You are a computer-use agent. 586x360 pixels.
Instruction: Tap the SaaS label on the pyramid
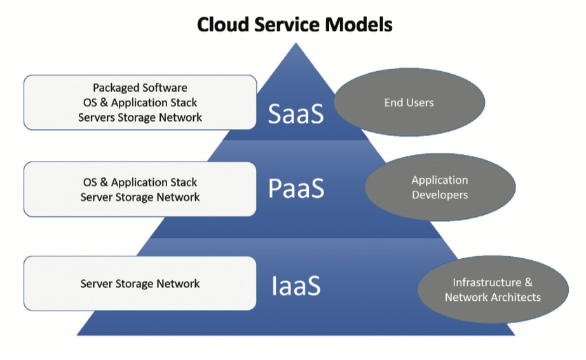point(296,114)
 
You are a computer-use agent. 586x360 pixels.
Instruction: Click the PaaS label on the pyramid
point(296,188)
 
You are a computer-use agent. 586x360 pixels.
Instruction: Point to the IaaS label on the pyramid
point(296,286)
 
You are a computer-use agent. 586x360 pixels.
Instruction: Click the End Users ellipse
point(409,102)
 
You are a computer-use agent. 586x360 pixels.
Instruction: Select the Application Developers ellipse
point(440,187)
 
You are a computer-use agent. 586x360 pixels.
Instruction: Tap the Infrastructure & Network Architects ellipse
point(493,289)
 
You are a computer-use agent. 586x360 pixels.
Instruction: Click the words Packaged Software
point(140,88)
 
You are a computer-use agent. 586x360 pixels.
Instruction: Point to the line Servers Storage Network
point(140,118)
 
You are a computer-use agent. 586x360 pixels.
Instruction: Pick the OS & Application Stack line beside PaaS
point(140,182)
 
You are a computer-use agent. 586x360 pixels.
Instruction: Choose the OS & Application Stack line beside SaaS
point(140,102)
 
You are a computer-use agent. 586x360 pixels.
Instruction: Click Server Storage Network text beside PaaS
point(140,197)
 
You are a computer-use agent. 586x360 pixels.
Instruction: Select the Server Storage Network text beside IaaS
point(140,284)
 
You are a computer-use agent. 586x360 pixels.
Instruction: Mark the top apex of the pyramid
point(296,43)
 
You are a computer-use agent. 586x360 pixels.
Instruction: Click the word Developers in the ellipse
point(440,195)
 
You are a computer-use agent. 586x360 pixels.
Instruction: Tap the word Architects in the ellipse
point(517,297)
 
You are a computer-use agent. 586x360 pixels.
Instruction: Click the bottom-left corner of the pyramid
point(77,335)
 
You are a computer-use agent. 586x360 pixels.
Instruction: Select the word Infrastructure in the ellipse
point(487,282)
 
